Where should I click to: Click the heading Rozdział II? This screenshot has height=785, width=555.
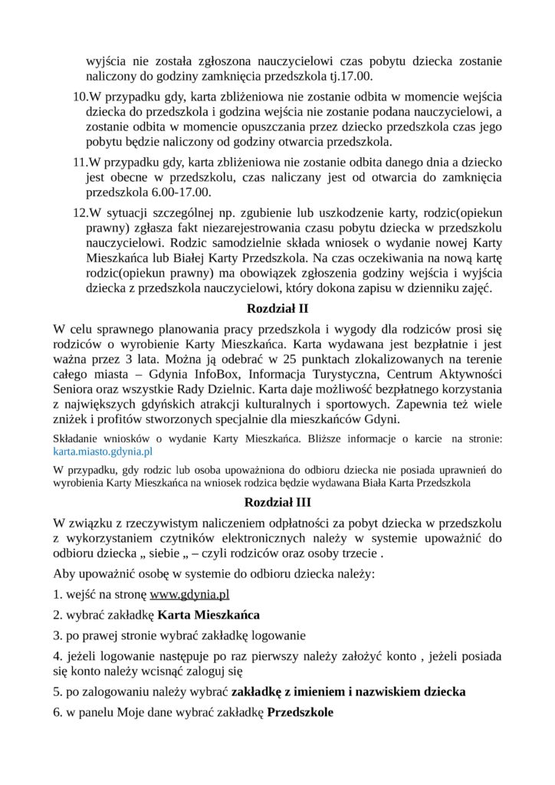point(277,309)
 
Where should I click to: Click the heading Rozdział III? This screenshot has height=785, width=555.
point(277,503)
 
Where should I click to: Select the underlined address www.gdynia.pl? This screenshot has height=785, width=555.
point(189,594)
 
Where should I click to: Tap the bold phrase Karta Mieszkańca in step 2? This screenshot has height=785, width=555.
point(209,615)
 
